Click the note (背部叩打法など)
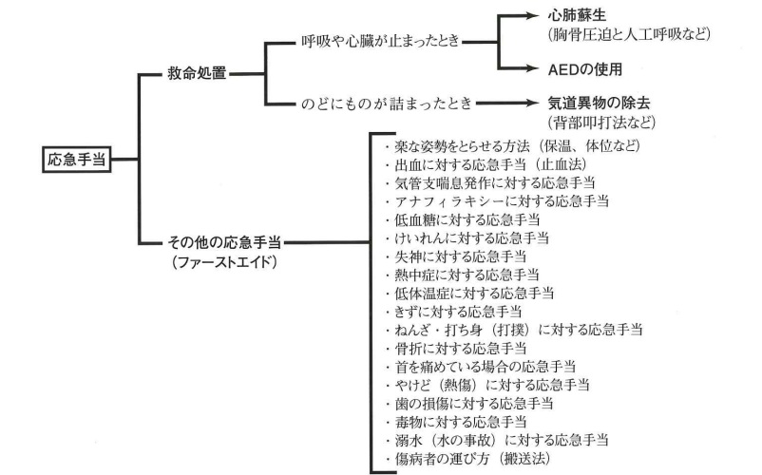click(x=602, y=123)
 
